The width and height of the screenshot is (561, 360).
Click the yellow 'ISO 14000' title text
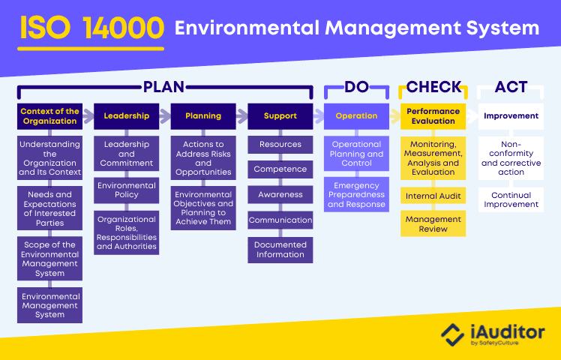pyautogui.click(x=91, y=28)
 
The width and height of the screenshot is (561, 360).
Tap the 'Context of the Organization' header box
pyautogui.click(x=49, y=115)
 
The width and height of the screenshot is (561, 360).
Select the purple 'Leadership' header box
pyautogui.click(x=126, y=115)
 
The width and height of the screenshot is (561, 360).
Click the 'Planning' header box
pyautogui.click(x=203, y=115)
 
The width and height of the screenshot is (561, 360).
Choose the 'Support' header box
pyautogui.click(x=280, y=115)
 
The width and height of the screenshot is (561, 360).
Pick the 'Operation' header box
pyautogui.click(x=356, y=115)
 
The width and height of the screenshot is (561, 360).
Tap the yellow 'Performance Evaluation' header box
pyautogui.click(x=433, y=115)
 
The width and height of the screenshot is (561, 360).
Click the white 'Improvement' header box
pyautogui.click(x=511, y=115)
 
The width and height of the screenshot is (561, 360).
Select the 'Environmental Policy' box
pyautogui.click(x=126, y=190)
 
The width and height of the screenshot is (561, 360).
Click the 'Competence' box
pyautogui.click(x=280, y=169)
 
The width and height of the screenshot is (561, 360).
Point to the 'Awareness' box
pyautogui.click(x=280, y=195)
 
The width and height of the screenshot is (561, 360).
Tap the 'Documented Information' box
pyautogui.click(x=280, y=250)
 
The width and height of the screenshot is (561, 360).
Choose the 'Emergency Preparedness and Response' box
pyautogui.click(x=356, y=193)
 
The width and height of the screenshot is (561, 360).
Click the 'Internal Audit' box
pyautogui.click(x=433, y=196)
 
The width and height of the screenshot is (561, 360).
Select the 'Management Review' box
pyautogui.click(x=433, y=223)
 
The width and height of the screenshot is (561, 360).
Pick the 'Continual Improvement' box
pyautogui.click(x=511, y=200)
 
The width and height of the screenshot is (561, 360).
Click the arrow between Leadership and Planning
pyautogui.click(x=164, y=115)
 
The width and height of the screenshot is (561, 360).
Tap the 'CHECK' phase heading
pyautogui.click(x=433, y=87)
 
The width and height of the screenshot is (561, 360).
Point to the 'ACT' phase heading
pyautogui.click(x=511, y=87)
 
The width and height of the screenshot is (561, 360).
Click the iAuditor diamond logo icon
pyautogui.click(x=451, y=333)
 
